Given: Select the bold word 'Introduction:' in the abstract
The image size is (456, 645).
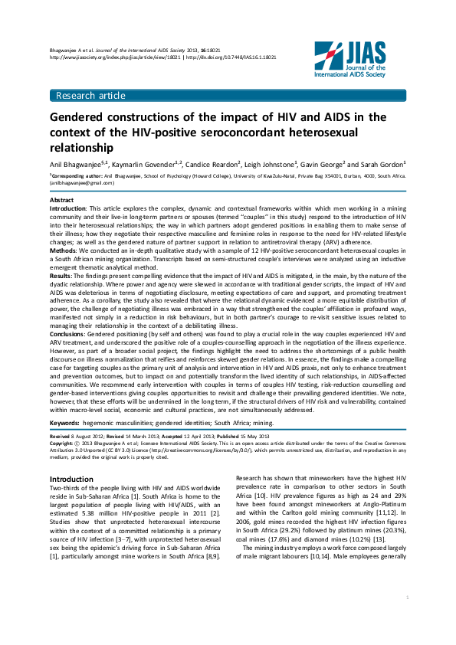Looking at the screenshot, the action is click(68, 208).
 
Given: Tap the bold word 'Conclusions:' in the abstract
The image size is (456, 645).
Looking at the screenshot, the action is click(69, 336).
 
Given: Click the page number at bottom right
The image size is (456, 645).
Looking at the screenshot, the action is click(406, 617).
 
